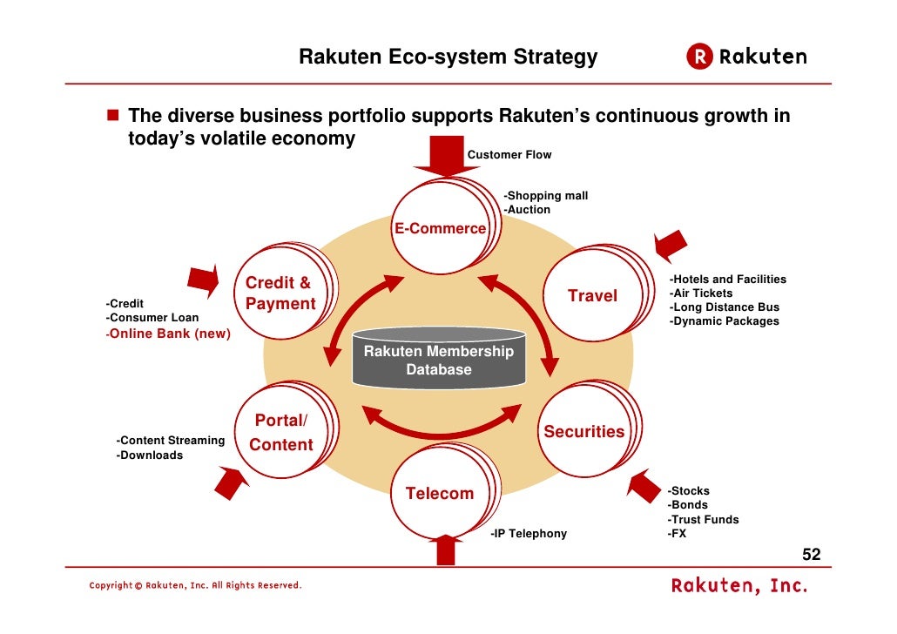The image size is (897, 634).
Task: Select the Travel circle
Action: [592, 296]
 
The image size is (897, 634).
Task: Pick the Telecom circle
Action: [440, 494]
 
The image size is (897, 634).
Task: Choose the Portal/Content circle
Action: [280, 433]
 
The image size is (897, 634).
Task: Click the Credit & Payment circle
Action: [280, 293]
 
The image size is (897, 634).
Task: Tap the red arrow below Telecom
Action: [446, 550]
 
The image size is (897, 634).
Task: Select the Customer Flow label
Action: [509, 155]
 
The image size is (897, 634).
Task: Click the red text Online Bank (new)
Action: [169, 334]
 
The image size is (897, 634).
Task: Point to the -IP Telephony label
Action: [528, 534]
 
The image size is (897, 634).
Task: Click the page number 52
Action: [811, 556]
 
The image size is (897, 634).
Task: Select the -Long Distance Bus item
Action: [724, 307]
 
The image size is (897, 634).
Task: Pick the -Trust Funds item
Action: [703, 520]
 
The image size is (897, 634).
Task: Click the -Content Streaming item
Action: [171, 441]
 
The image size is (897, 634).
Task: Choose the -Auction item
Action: [527, 210]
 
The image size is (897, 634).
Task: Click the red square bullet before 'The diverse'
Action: [112, 116]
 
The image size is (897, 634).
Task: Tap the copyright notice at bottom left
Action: [195, 585]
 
